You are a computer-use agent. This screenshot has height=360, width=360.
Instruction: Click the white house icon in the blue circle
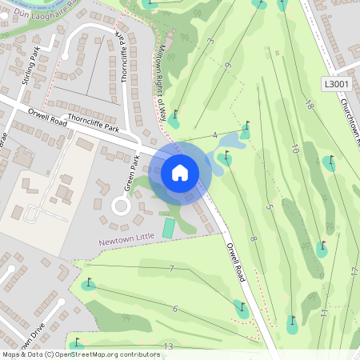180,172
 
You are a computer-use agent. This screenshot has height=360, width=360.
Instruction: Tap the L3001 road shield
338,83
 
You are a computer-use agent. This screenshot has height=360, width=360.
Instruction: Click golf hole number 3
210,41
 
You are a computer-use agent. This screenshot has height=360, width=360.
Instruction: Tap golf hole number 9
228,66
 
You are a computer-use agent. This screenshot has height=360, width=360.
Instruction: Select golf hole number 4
215,134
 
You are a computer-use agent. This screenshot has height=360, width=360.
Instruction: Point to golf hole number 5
270,208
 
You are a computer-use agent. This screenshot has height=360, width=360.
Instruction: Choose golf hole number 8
253,239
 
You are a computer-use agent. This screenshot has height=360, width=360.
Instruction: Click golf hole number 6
174,308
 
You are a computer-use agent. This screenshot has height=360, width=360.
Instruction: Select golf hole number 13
167,346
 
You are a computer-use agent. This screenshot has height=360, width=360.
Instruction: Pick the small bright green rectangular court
168,228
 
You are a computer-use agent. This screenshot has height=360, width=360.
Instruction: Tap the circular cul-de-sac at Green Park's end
122,206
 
